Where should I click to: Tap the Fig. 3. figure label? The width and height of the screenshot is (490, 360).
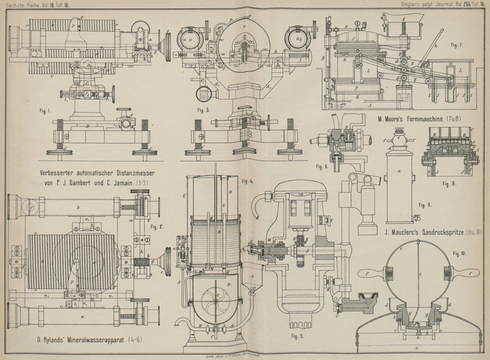[x=205, y=110]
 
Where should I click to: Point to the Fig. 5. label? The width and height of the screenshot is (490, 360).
[x=297, y=336]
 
